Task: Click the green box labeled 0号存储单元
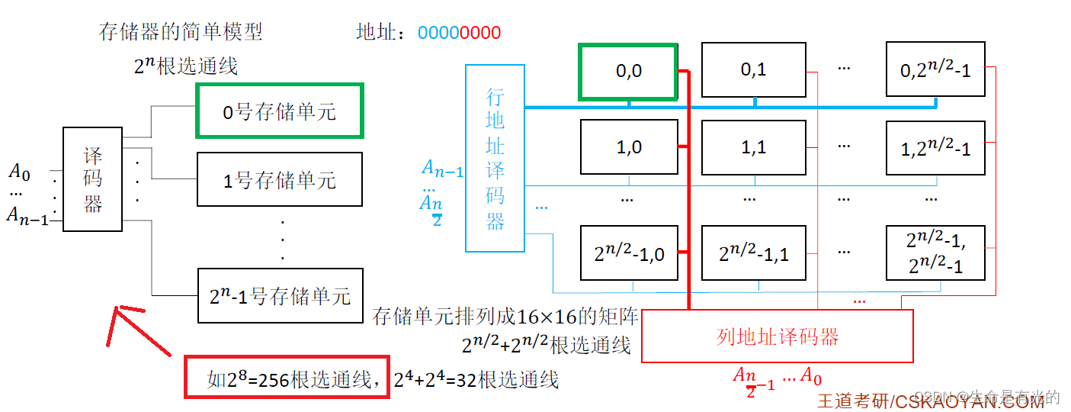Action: point(280,111)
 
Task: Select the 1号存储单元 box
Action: point(280,179)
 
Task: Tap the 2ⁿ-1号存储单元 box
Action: point(280,295)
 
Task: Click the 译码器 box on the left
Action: point(92,179)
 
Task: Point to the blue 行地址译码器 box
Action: point(495,158)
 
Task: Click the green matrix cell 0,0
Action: point(628,71)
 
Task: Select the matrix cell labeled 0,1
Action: point(753,69)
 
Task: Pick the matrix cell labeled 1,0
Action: point(628,146)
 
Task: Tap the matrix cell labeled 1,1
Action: point(753,146)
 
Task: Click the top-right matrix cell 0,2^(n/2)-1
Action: point(935,69)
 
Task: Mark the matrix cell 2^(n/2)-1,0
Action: point(628,253)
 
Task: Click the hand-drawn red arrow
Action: point(140,328)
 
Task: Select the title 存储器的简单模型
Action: point(181,31)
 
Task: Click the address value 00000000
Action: point(459,33)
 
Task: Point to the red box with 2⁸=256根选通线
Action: point(287,377)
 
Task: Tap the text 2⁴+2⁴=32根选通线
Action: point(476,379)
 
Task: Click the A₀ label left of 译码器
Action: point(19,172)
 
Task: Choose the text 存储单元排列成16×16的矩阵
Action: point(505,317)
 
